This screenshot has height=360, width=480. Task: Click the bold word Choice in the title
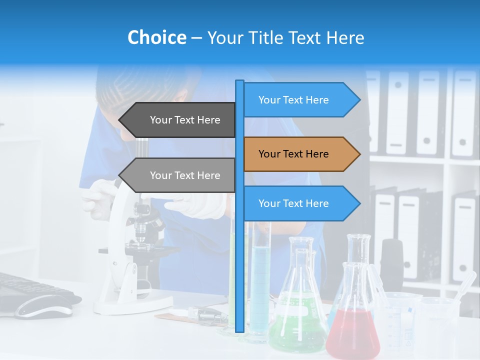(x=156, y=37)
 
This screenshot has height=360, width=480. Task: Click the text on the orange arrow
(x=293, y=154)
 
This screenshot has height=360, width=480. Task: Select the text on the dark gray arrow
(x=185, y=120)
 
